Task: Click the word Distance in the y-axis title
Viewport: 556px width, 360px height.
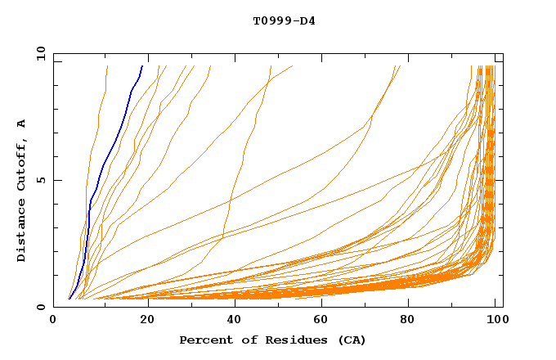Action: click(x=22, y=230)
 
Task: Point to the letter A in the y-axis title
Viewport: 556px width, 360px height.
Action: click(x=22, y=123)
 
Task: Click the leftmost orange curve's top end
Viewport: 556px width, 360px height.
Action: click(x=107, y=65)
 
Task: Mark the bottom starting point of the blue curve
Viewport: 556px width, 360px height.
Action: click(x=69, y=299)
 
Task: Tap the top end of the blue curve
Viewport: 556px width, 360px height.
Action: click(x=142, y=65)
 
